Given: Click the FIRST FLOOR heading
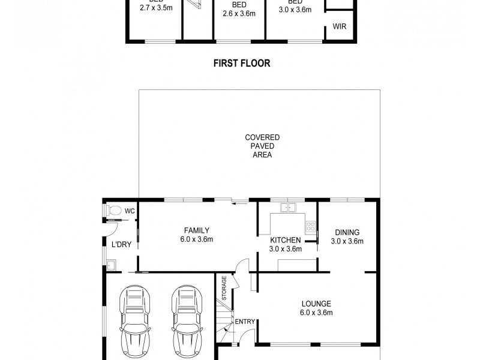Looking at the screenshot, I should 242,63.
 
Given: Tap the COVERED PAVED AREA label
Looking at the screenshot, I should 262,146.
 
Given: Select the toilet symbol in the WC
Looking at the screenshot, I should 112,211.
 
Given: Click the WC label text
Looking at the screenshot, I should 130,211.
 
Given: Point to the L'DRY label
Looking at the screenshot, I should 121,244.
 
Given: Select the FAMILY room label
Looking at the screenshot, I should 197,230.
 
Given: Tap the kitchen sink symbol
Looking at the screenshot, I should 289,208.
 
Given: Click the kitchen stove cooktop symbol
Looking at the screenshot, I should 311,227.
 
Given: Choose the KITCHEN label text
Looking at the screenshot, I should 285,241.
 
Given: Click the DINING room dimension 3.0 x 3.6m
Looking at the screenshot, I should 347,242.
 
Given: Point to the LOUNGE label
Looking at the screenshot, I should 316,304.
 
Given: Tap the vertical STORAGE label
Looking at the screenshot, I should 224,287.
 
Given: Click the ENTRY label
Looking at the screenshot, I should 245,322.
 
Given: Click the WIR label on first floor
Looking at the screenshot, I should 340,27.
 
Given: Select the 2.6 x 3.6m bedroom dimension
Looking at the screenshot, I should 239,14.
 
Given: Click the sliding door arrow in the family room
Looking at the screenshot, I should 241,203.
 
